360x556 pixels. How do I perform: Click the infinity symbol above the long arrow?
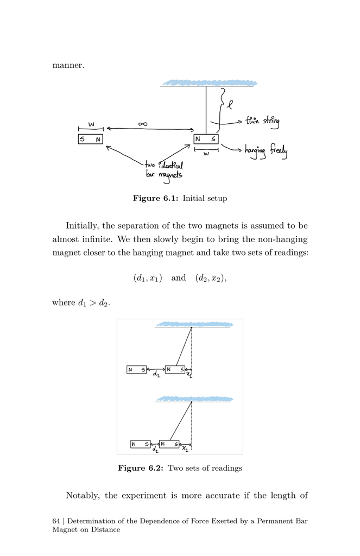pyautogui.click(x=143, y=124)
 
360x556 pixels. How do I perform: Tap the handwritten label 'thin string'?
pyautogui.click(x=262, y=121)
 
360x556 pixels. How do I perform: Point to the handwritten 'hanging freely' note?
pyautogui.click(x=266, y=151)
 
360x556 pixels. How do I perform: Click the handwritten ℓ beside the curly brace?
pyautogui.click(x=230, y=104)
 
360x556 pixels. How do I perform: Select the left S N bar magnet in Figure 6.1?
pyautogui.click(x=91, y=139)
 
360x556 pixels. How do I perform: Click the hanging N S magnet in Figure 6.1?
pyautogui.click(x=206, y=139)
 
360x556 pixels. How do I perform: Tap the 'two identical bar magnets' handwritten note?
pyautogui.click(x=164, y=172)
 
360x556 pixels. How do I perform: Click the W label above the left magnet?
pyautogui.click(x=91, y=124)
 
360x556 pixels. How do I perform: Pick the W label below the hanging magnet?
pyautogui.click(x=206, y=154)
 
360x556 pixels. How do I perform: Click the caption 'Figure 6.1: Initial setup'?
pyautogui.click(x=180, y=198)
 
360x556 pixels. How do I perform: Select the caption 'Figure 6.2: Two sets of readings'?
pyautogui.click(x=180, y=468)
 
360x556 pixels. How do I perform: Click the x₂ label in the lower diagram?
pyautogui.click(x=185, y=448)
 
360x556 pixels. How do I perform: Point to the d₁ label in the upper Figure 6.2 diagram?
pyautogui.click(x=156, y=374)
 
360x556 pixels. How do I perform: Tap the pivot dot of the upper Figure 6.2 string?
pyautogui.click(x=191, y=327)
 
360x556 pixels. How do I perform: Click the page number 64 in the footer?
pyautogui.click(x=56, y=521)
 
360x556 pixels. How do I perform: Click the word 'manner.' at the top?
pyautogui.click(x=68, y=65)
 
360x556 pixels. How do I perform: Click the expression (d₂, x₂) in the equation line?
pyautogui.click(x=211, y=278)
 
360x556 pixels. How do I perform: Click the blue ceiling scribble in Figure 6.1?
pyautogui.click(x=209, y=83)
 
